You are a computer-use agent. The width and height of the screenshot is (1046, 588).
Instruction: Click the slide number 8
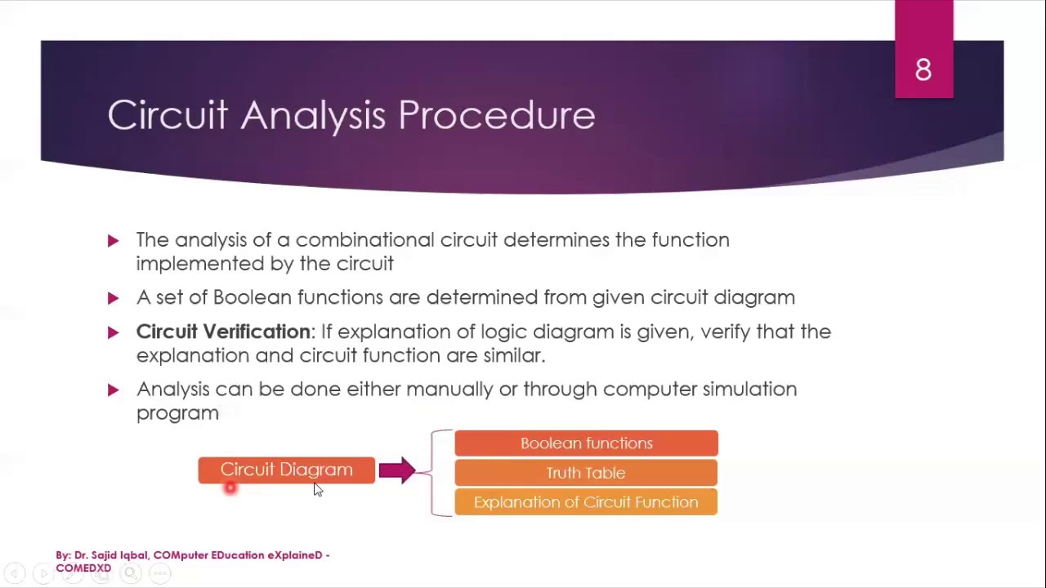click(x=923, y=70)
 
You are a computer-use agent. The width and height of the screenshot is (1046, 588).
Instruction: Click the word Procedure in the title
click(x=496, y=115)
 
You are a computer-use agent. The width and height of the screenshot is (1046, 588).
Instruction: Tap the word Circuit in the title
click(x=168, y=115)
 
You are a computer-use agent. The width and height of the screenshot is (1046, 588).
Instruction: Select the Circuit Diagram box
click(x=286, y=470)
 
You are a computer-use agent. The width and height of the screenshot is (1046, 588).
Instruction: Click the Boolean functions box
click(x=586, y=443)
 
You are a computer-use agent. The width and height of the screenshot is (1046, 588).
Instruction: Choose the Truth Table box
click(x=586, y=473)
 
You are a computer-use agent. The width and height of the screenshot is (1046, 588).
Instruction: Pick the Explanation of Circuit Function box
click(x=586, y=502)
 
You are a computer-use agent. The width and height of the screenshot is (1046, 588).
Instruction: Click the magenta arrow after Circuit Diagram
click(x=397, y=470)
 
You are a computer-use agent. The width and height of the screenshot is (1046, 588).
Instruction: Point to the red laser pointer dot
click(x=230, y=488)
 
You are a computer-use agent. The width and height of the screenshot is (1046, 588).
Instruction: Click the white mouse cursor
click(x=317, y=489)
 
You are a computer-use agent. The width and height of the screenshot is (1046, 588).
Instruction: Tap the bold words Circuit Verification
click(x=223, y=332)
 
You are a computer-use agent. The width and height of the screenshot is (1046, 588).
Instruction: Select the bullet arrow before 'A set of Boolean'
click(x=113, y=298)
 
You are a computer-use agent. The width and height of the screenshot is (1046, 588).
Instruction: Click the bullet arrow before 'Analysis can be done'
click(x=113, y=390)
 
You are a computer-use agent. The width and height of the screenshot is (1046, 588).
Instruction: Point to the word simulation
click(x=749, y=389)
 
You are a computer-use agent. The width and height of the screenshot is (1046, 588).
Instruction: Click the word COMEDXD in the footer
click(x=83, y=568)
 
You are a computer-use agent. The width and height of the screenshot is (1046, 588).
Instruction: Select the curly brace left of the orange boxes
click(x=436, y=473)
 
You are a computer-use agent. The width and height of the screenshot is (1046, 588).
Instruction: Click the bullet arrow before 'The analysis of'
click(x=113, y=240)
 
